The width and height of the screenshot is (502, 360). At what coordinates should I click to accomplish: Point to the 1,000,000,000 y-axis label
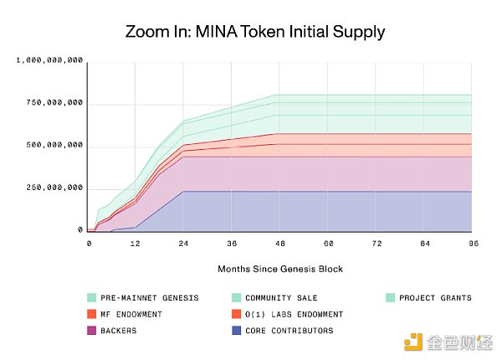click(51, 60)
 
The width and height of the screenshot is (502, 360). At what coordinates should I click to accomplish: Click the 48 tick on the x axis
click(281, 243)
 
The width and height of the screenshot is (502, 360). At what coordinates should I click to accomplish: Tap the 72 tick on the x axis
click(376, 243)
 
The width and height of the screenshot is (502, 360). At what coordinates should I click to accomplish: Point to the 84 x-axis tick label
click(425, 243)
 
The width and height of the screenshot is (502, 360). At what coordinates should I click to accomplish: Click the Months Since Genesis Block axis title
click(279, 269)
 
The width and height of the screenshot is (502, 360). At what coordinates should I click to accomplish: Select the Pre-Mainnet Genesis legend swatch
click(92, 297)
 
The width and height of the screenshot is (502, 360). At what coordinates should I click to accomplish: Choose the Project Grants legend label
click(436, 297)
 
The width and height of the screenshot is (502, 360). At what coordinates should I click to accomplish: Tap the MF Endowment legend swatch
click(92, 314)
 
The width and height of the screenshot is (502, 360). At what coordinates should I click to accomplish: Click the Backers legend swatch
click(92, 331)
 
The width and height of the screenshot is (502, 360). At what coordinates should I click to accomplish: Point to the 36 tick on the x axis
click(233, 243)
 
